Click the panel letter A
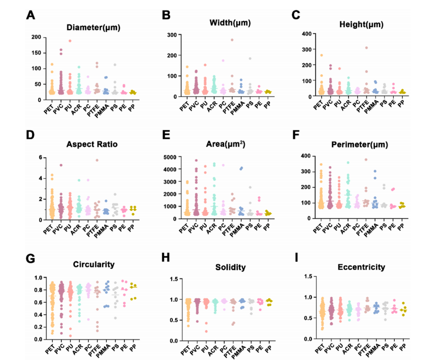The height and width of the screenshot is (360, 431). coord(30,15)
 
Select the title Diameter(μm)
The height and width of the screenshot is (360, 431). coord(93,28)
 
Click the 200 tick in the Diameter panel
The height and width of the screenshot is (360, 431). coord(36,37)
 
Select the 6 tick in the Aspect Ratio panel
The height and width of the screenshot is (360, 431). coord(41,158)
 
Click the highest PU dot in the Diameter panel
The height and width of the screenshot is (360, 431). coord(70,41)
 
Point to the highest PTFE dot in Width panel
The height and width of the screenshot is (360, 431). coord(232,40)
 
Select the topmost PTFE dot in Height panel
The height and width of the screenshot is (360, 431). coord(366,48)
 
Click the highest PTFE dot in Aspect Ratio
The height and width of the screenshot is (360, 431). coord(97,161)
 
